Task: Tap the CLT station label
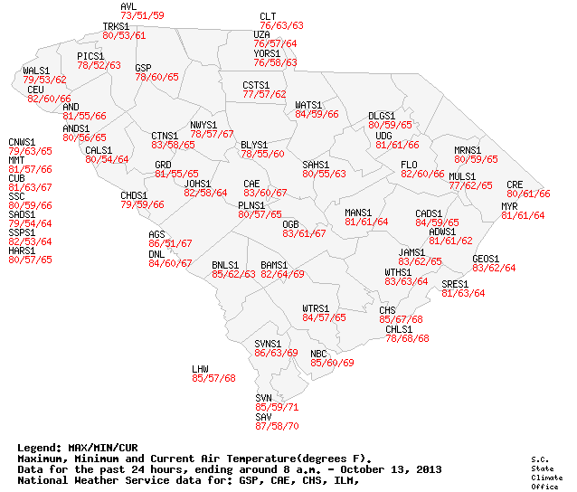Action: click(268, 16)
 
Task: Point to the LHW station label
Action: click(200, 369)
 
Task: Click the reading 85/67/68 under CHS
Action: click(401, 320)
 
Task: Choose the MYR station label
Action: click(509, 206)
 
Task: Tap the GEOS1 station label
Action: click(486, 259)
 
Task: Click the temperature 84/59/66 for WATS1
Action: click(317, 114)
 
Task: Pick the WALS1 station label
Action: click(36, 71)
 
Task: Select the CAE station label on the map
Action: click(251, 184)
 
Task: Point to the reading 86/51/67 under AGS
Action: click(170, 243)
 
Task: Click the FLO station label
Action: click(409, 164)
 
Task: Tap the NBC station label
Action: click(318, 354)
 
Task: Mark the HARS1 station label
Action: click(23, 251)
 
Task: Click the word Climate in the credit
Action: click(542, 477)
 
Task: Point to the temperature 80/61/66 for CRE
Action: click(528, 194)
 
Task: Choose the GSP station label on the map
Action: click(143, 68)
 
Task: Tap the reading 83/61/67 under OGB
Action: click(304, 233)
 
